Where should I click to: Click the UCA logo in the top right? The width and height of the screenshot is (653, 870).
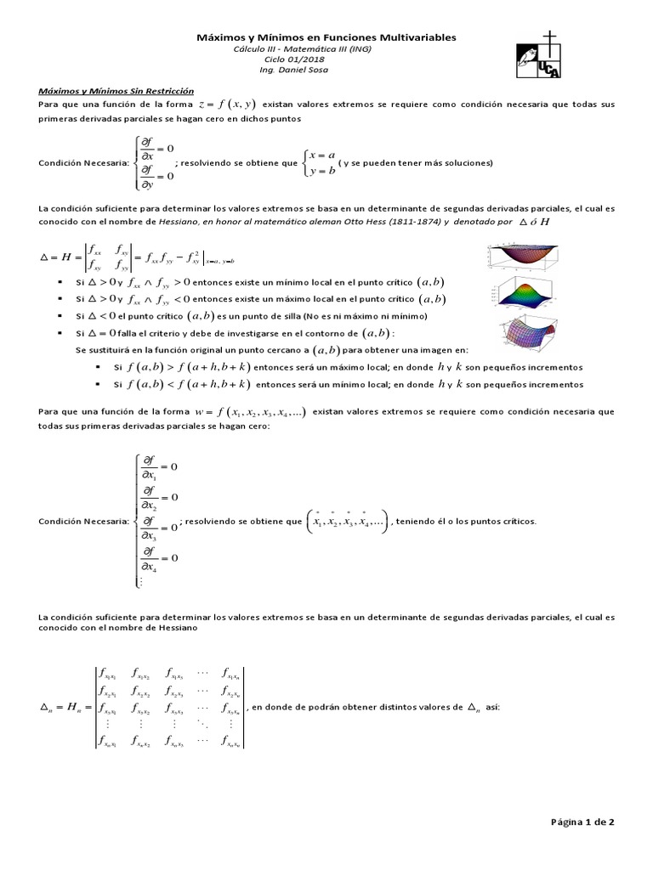[x=539, y=55]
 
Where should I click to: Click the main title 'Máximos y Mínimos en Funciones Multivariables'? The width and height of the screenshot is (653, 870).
[x=326, y=37]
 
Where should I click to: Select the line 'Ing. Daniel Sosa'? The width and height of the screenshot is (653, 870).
[x=326, y=71]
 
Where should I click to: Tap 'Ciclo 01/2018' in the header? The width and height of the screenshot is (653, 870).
[x=326, y=60]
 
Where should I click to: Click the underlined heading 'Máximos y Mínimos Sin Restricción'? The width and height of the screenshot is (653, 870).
[x=116, y=90]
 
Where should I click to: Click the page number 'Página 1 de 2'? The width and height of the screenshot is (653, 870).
[x=582, y=822]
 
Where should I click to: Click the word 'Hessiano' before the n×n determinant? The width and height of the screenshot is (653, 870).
[x=175, y=628]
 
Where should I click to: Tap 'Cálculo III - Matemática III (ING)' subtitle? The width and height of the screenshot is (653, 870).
[x=326, y=49]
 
